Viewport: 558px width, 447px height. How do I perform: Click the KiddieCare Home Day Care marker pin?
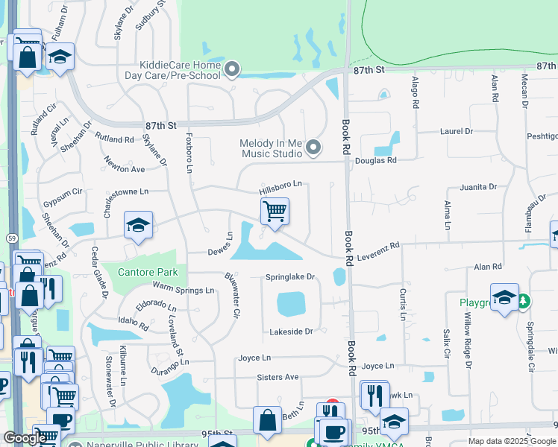pos(232,70)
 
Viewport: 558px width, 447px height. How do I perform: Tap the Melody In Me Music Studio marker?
pos(313,148)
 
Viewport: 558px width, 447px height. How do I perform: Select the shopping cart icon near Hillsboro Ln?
pos(275,212)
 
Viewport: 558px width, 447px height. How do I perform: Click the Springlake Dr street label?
pos(291,277)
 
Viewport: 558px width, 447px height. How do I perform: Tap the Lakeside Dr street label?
pos(287,331)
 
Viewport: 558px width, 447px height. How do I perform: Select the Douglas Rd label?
pos(375,160)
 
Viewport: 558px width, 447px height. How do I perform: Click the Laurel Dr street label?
pos(457,131)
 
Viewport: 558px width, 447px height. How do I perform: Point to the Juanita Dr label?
pos(478,188)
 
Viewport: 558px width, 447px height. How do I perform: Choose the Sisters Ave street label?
pos(278,377)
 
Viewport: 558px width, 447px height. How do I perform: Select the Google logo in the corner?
pos(24,438)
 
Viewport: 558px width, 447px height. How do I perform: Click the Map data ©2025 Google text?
pos(511,441)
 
